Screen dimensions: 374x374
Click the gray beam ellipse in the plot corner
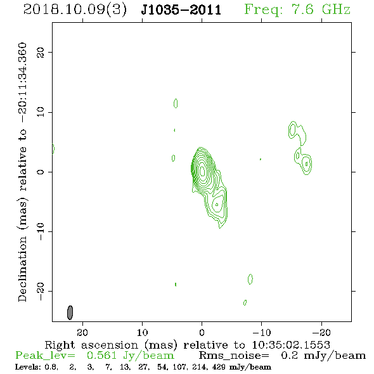[70, 313]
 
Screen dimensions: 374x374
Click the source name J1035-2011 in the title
[181, 10]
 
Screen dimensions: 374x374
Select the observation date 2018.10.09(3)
[75, 10]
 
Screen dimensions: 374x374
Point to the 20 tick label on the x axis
[82, 332]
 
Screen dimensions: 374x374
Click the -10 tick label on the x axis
[262, 332]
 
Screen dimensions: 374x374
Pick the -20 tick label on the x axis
[321, 332]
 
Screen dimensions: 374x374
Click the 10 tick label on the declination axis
[41, 112]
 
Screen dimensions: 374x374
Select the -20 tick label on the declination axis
[41, 291]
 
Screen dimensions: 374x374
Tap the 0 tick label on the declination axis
[41, 172]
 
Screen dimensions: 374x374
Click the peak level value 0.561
[102, 356]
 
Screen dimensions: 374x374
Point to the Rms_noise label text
[234, 356]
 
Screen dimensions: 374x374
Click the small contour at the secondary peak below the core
[217, 204]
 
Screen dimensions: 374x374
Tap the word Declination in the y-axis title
[22, 269]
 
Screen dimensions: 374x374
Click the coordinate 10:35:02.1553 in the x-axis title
[291, 345]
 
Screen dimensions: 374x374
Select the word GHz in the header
[336, 10]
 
